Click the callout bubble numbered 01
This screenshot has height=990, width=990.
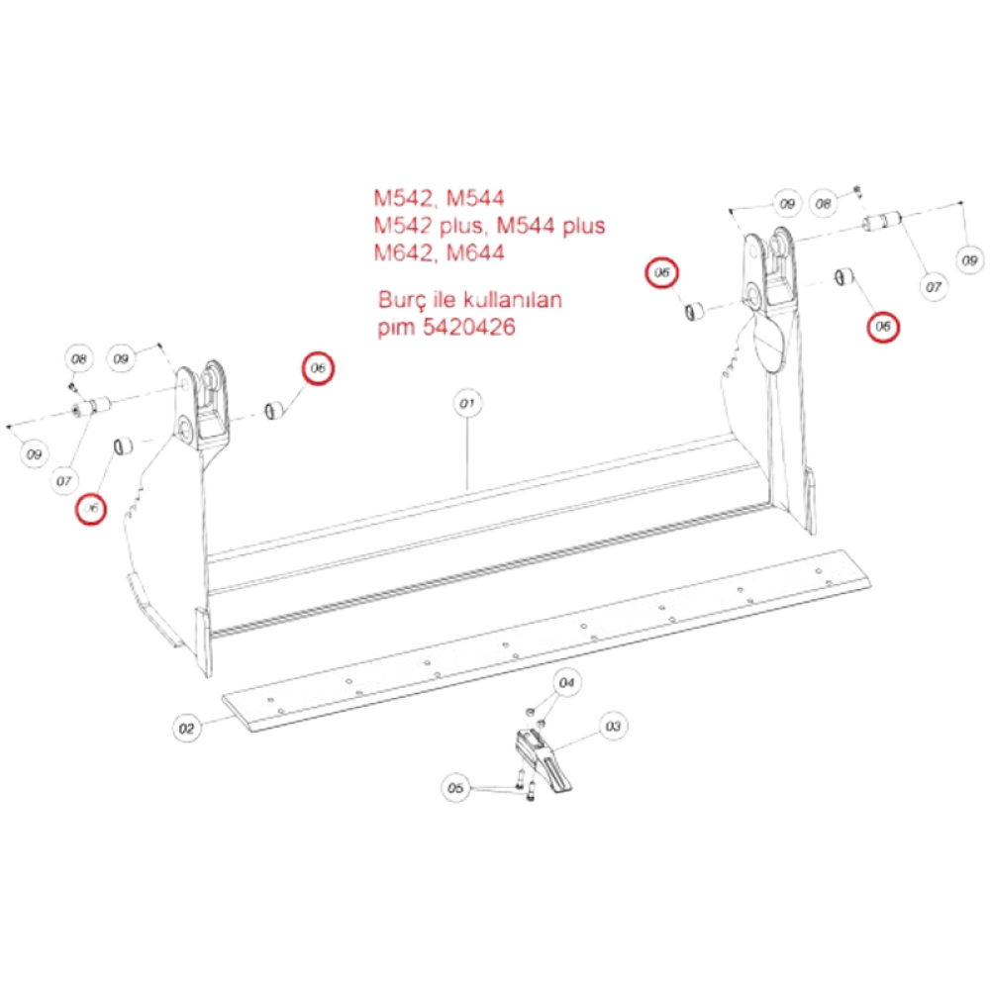pos(466,403)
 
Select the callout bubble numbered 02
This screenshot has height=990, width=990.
pos(187,728)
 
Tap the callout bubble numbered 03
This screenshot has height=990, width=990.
pos(613,726)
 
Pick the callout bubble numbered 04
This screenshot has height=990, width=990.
pos(566,682)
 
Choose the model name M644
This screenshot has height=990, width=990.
pos(476,252)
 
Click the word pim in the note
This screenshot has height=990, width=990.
pos(396,327)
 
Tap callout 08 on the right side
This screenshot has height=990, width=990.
pos(823,204)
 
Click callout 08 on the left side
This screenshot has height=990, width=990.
pos(77,358)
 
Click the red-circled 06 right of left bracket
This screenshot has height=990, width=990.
pos(319,367)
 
